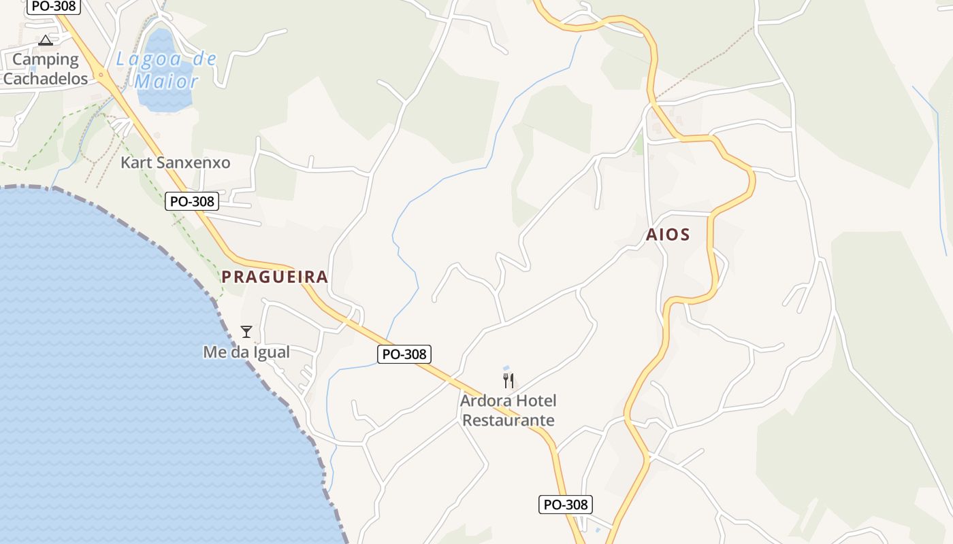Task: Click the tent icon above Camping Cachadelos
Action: (x=46, y=40)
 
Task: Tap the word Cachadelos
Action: (x=46, y=79)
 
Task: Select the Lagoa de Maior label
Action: (x=167, y=70)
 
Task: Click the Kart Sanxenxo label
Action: (x=176, y=163)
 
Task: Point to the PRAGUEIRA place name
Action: (x=275, y=277)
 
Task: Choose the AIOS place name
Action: (x=668, y=235)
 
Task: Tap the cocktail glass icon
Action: (x=246, y=332)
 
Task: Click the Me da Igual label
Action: (x=246, y=352)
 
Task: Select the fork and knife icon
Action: (x=508, y=381)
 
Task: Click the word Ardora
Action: (x=484, y=401)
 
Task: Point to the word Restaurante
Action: (x=508, y=421)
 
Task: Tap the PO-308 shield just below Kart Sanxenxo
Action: (x=192, y=201)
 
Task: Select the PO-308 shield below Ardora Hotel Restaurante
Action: (x=566, y=505)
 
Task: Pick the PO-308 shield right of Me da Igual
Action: (x=404, y=354)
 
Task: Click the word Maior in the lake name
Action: (x=167, y=82)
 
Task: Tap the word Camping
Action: (x=46, y=60)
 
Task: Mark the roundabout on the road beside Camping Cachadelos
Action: (x=101, y=75)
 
